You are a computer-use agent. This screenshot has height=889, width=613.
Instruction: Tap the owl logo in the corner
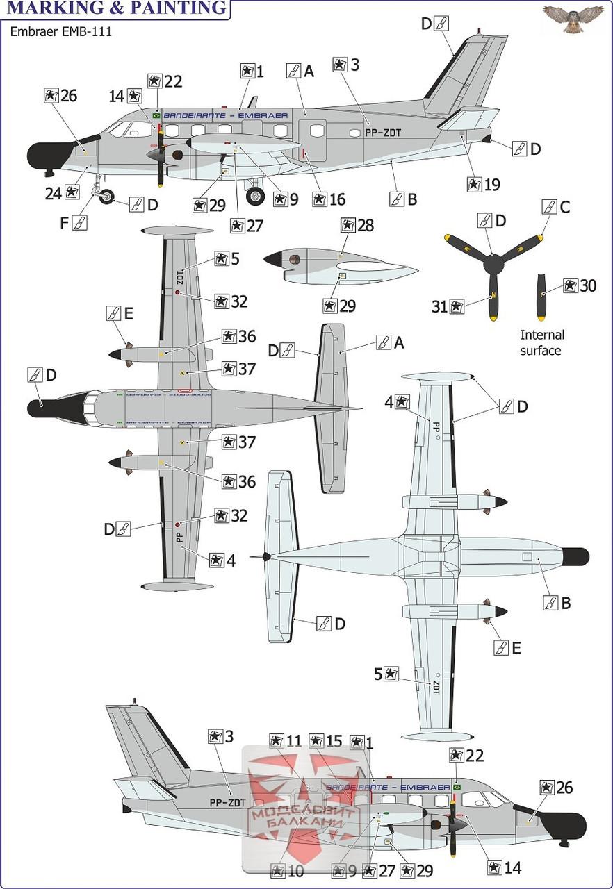[573, 19]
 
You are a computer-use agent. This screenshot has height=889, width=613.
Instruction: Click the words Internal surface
[540, 342]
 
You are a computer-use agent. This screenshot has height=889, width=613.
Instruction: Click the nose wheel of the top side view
[106, 198]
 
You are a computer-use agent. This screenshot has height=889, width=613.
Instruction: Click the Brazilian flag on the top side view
[156, 115]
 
